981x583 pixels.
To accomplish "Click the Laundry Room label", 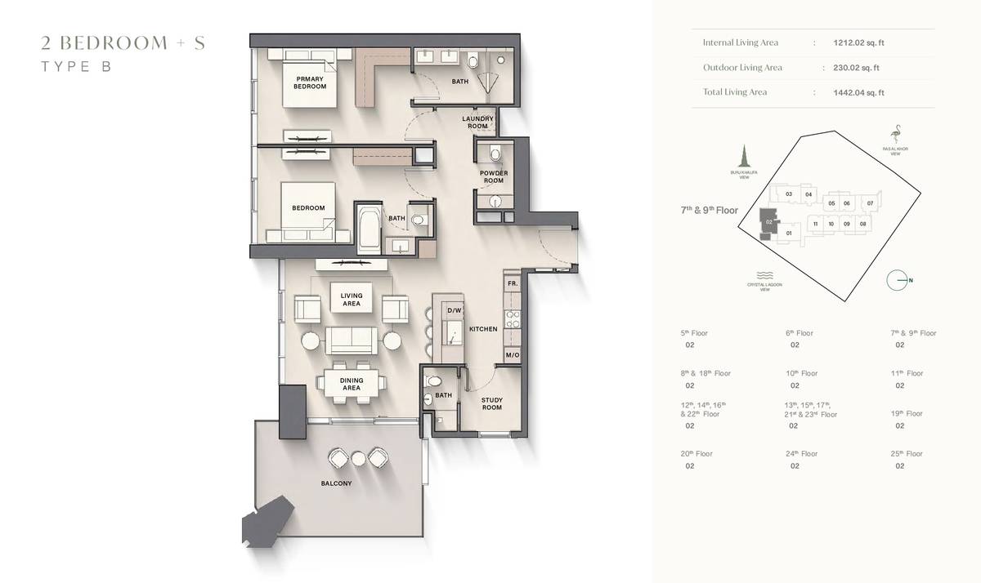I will [477, 122].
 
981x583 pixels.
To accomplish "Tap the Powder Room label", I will [494, 177].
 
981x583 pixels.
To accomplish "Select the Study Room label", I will [491, 403].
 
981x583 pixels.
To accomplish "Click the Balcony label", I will [336, 483].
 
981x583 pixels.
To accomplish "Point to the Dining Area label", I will [352, 384].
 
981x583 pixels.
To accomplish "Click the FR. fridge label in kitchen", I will [513, 283].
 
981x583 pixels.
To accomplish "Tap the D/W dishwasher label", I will [455, 310].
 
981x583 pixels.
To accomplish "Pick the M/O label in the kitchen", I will [513, 355].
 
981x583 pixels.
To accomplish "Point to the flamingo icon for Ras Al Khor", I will [897, 134].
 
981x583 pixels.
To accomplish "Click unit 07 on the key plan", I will [870, 202].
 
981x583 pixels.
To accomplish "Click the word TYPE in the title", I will [58, 67].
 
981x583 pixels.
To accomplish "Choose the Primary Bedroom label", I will [310, 82].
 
